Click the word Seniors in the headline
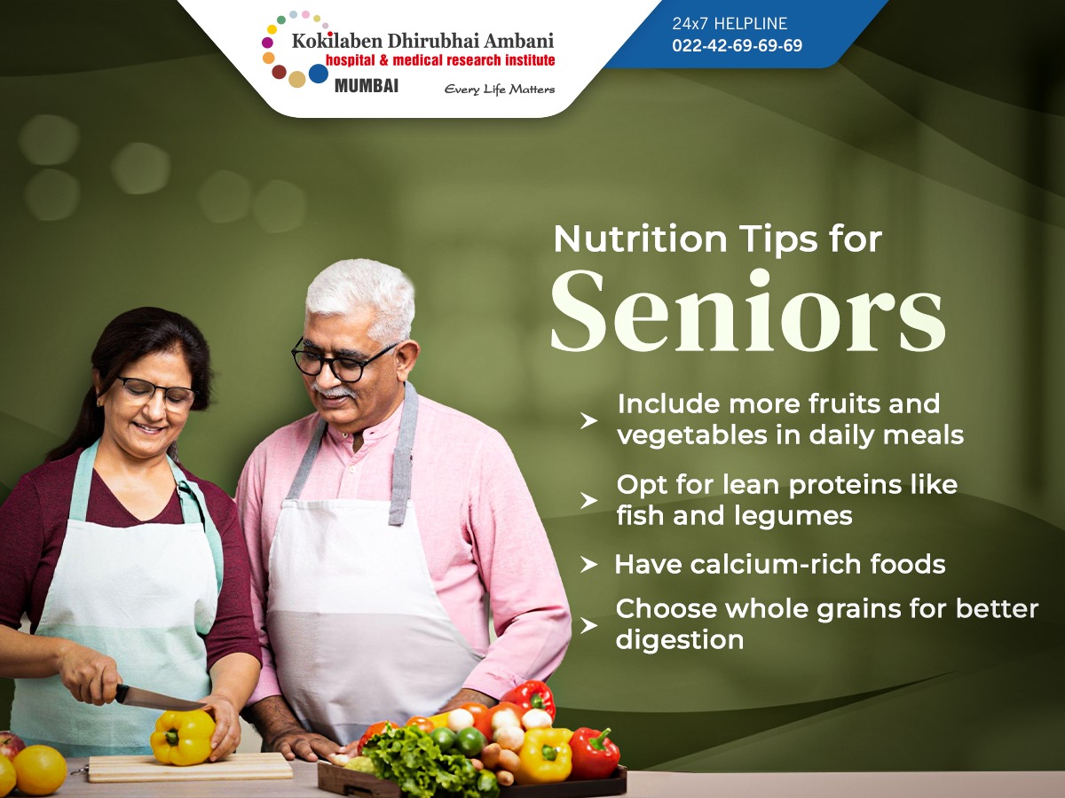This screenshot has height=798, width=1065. (747, 310)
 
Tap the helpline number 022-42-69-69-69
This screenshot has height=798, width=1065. (737, 45)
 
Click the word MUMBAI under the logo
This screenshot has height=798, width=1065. (367, 86)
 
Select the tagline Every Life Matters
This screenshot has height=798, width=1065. (500, 90)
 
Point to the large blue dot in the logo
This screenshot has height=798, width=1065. (319, 74)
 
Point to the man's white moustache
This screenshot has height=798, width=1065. (335, 390)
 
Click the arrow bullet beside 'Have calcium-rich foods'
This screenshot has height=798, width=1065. (588, 565)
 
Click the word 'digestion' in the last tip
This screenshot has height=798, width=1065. (679, 640)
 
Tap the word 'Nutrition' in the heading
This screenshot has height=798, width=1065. (640, 239)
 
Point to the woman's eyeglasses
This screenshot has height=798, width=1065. (155, 392)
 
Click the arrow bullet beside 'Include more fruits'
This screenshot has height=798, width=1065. (588, 421)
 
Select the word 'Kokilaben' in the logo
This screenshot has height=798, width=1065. (337, 41)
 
